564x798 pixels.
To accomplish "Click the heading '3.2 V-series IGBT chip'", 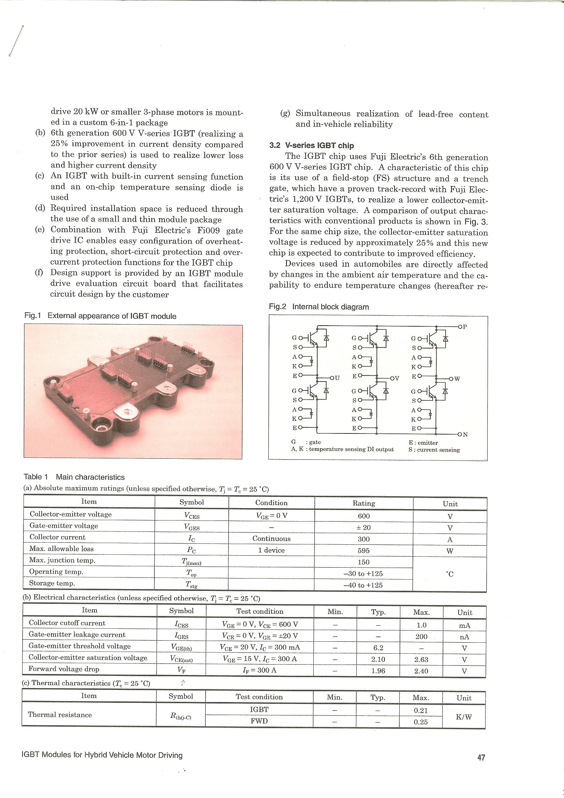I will [311, 146].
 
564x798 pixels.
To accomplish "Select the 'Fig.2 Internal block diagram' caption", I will [318, 307].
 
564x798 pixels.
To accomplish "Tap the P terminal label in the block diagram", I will [464, 327].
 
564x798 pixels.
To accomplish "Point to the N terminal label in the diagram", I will [465, 434].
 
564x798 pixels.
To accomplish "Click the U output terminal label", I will [336, 378].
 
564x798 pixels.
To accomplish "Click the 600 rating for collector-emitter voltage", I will [363, 516].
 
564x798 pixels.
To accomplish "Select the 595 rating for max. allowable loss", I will [363, 551].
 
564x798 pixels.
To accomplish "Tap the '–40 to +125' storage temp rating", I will [363, 585].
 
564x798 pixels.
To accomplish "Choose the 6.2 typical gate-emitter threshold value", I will [378, 648].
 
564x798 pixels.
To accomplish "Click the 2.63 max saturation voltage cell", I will [421, 659].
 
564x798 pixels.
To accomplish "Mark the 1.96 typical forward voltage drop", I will [378, 671].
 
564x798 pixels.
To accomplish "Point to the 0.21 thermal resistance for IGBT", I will [420, 710].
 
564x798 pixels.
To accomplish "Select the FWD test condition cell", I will [259, 721].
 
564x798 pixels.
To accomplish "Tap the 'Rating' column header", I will [363, 503].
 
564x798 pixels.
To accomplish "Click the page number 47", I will [481, 757].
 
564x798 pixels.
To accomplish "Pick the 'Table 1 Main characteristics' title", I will [74, 477].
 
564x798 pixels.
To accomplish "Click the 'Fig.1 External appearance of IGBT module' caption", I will [100, 316].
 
